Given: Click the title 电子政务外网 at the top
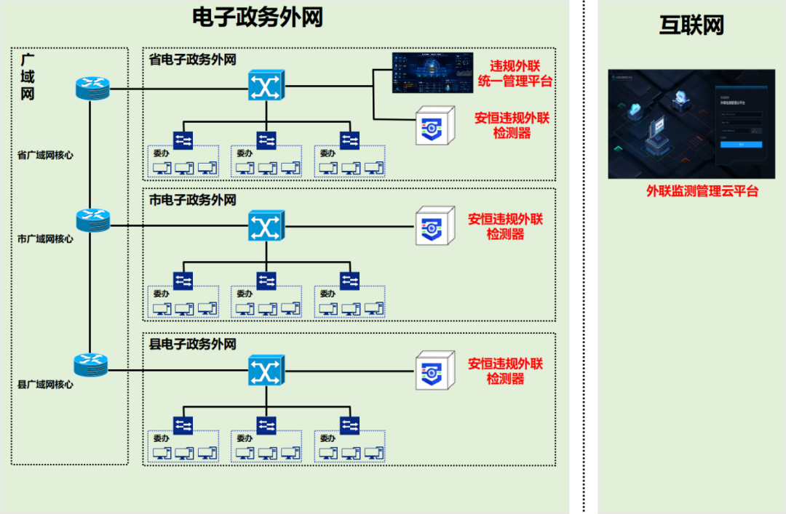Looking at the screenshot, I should pyautogui.click(x=257, y=17).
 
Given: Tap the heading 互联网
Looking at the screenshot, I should pyautogui.click(x=691, y=25).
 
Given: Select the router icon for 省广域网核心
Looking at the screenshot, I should pyautogui.click(x=92, y=89).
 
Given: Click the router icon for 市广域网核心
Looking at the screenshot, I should pyautogui.click(x=92, y=219).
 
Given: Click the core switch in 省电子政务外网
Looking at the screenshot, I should pyautogui.click(x=265, y=87).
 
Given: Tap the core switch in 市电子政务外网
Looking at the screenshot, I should pyautogui.click(x=265, y=226).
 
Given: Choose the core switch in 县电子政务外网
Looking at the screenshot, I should pyautogui.click(x=265, y=371).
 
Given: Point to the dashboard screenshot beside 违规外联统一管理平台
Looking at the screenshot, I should pyautogui.click(x=428, y=73).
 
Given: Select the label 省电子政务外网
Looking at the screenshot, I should pyautogui.click(x=192, y=59).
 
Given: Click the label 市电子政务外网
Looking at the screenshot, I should pyautogui.click(x=192, y=200).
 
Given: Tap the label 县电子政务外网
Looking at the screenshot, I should pyautogui.click(x=192, y=344).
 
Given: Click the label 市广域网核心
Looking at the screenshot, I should pyautogui.click(x=45, y=238).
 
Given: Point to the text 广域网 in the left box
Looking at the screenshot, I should pyautogui.click(x=28, y=76).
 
